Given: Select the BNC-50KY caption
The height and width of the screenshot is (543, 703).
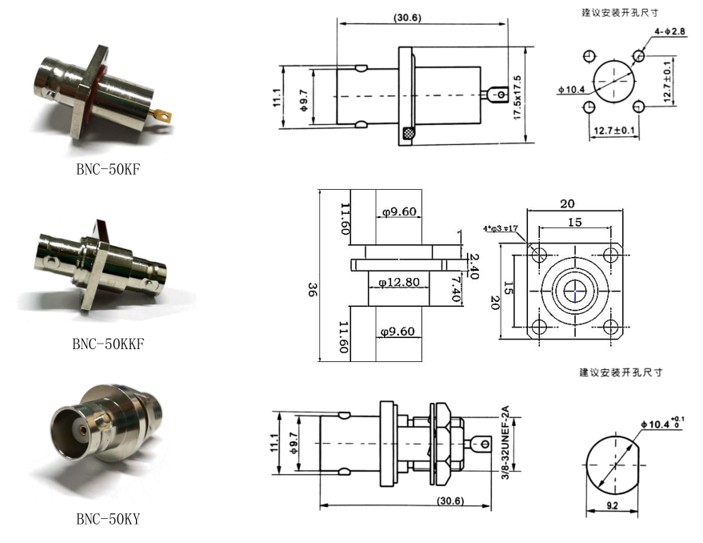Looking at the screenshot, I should click(x=108, y=519).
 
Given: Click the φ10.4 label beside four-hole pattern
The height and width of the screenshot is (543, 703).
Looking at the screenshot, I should click(x=572, y=89).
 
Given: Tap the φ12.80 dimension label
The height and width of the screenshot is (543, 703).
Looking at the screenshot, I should click(x=399, y=282).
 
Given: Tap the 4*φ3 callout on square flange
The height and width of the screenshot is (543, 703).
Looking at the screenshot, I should click(x=501, y=230).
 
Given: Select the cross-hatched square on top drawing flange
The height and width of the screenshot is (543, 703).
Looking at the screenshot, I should click(x=409, y=135).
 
